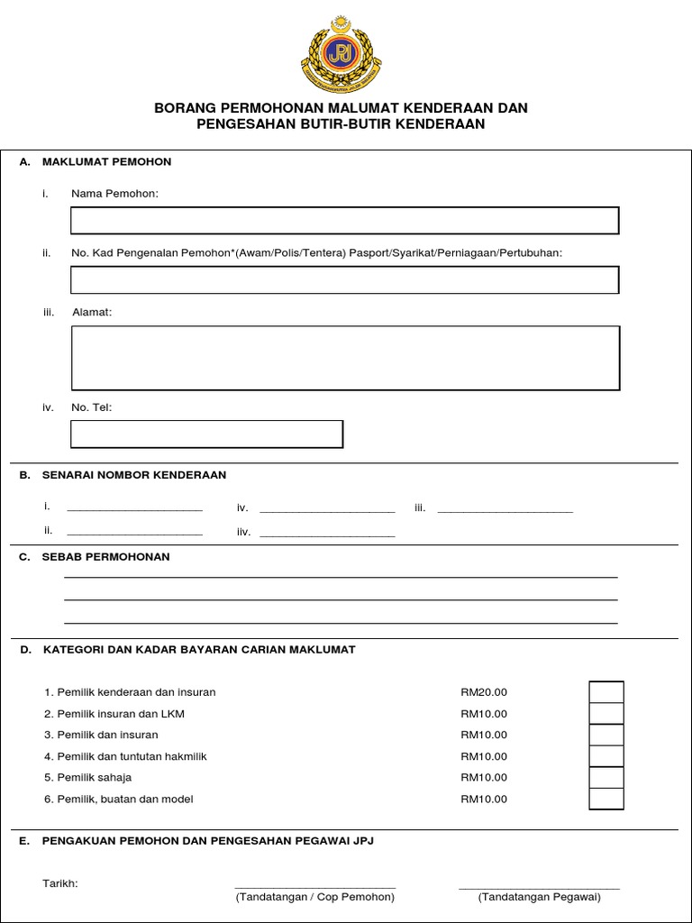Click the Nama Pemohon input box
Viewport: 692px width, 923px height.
344,221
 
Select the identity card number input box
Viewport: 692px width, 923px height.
344,280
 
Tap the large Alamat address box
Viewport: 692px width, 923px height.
344,358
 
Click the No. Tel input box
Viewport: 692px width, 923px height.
206,434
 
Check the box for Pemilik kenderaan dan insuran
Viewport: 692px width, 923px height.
605,692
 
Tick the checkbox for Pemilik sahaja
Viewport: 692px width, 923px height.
605,777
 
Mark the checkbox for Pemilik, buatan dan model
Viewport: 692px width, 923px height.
605,799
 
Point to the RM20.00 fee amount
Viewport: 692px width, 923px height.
484,692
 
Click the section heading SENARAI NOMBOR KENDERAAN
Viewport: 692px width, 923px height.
134,475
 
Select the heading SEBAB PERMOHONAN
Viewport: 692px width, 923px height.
105,557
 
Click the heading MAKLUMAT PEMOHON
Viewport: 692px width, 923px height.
106,162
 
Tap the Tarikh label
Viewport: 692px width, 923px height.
60,883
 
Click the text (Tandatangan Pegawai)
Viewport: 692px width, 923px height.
540,897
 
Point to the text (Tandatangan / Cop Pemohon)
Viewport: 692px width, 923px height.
314,897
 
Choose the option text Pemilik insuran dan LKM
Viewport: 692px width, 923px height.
121,714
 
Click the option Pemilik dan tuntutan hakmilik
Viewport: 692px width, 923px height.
132,756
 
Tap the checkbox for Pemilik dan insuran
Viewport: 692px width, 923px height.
605,735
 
